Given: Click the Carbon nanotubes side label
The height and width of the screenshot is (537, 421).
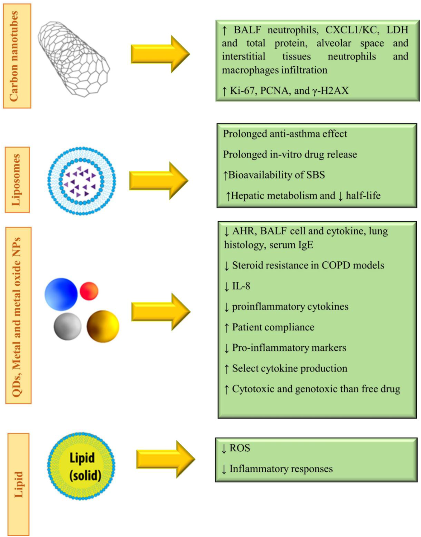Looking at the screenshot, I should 17,56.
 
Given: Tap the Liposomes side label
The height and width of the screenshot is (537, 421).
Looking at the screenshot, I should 17,180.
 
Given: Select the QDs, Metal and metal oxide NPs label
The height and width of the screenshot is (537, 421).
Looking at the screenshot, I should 18,315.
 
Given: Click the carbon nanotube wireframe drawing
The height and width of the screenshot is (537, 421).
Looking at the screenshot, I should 74,59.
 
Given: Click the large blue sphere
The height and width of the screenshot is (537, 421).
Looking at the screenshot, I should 61,294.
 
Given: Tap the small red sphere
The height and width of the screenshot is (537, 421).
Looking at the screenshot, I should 89,291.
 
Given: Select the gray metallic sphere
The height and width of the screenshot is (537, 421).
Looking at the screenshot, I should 67,327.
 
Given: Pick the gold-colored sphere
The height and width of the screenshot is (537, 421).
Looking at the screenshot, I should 103,326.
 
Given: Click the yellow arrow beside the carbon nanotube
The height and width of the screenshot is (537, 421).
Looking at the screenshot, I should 160,54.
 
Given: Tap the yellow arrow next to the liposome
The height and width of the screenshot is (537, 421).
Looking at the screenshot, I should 158,181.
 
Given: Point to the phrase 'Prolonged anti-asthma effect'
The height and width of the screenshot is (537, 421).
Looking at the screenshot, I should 285,134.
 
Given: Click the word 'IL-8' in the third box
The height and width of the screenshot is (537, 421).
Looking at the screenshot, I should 241,286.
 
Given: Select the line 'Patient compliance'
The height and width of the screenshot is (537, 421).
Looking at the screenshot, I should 273,327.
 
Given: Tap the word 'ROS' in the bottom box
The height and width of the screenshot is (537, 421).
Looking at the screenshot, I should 239,448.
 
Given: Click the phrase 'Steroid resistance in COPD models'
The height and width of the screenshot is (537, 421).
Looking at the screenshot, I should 308,265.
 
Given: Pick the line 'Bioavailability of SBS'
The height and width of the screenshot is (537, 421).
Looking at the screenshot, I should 276,175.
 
